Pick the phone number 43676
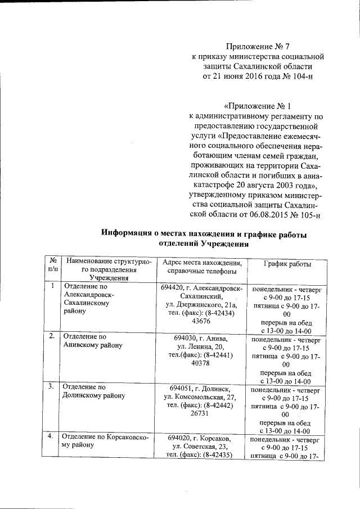(201, 321)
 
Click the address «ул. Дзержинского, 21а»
(201, 305)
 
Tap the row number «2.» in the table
(52, 336)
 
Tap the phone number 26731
(201, 413)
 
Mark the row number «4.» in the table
(52, 436)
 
